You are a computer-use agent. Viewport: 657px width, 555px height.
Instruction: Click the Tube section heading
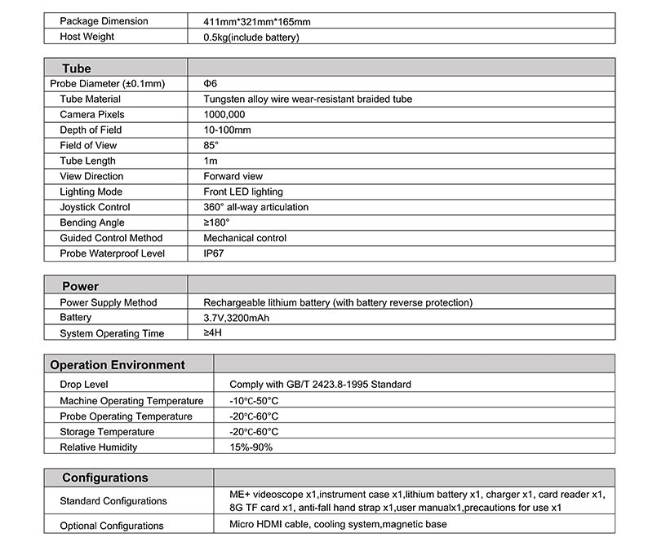tap(77, 68)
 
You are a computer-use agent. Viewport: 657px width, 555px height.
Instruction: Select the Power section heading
tap(80, 286)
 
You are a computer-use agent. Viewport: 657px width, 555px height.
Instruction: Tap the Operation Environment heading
tap(118, 365)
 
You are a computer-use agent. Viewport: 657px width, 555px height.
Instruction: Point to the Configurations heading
tap(105, 478)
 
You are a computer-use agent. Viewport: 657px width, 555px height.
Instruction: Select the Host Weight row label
tap(87, 37)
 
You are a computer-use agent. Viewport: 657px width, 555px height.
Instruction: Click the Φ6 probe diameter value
tap(211, 84)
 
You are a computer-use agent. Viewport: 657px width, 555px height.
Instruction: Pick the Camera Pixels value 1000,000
tap(224, 115)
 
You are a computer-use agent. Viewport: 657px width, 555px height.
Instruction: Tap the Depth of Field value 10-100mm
tap(227, 130)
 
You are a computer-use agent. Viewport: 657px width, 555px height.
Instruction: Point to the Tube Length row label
tap(88, 161)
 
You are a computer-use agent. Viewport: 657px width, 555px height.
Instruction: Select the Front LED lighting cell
tap(243, 192)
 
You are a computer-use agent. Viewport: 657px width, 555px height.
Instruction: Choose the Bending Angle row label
tap(92, 222)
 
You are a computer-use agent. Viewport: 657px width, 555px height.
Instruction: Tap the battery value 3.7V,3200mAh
tap(242, 318)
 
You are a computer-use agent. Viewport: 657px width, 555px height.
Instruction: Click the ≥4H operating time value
tap(212, 333)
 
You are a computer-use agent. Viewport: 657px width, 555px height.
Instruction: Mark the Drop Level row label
tap(84, 385)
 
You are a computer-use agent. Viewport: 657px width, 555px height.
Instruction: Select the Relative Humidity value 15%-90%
tap(251, 447)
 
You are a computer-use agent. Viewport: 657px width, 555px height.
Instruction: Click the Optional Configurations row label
tap(112, 526)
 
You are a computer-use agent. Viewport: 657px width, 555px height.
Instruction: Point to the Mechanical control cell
tap(245, 238)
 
